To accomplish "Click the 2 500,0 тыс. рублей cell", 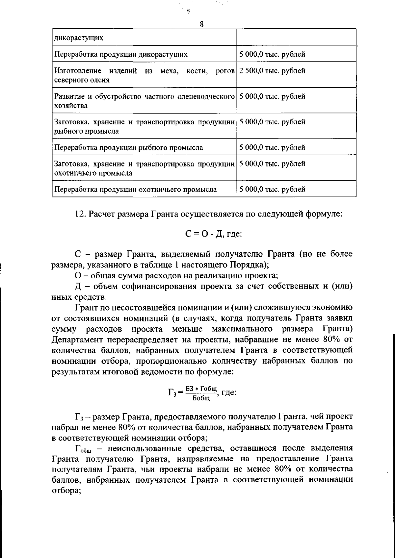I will pos(272,71).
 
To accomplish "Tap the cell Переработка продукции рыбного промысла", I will pos(128,147).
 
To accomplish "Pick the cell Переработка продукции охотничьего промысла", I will pos(135,189).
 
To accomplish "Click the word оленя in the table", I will pos(101,80).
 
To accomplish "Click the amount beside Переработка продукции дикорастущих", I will pos(272,54).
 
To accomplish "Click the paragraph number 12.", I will pos(80,214).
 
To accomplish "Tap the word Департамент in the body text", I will pos(82,340).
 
